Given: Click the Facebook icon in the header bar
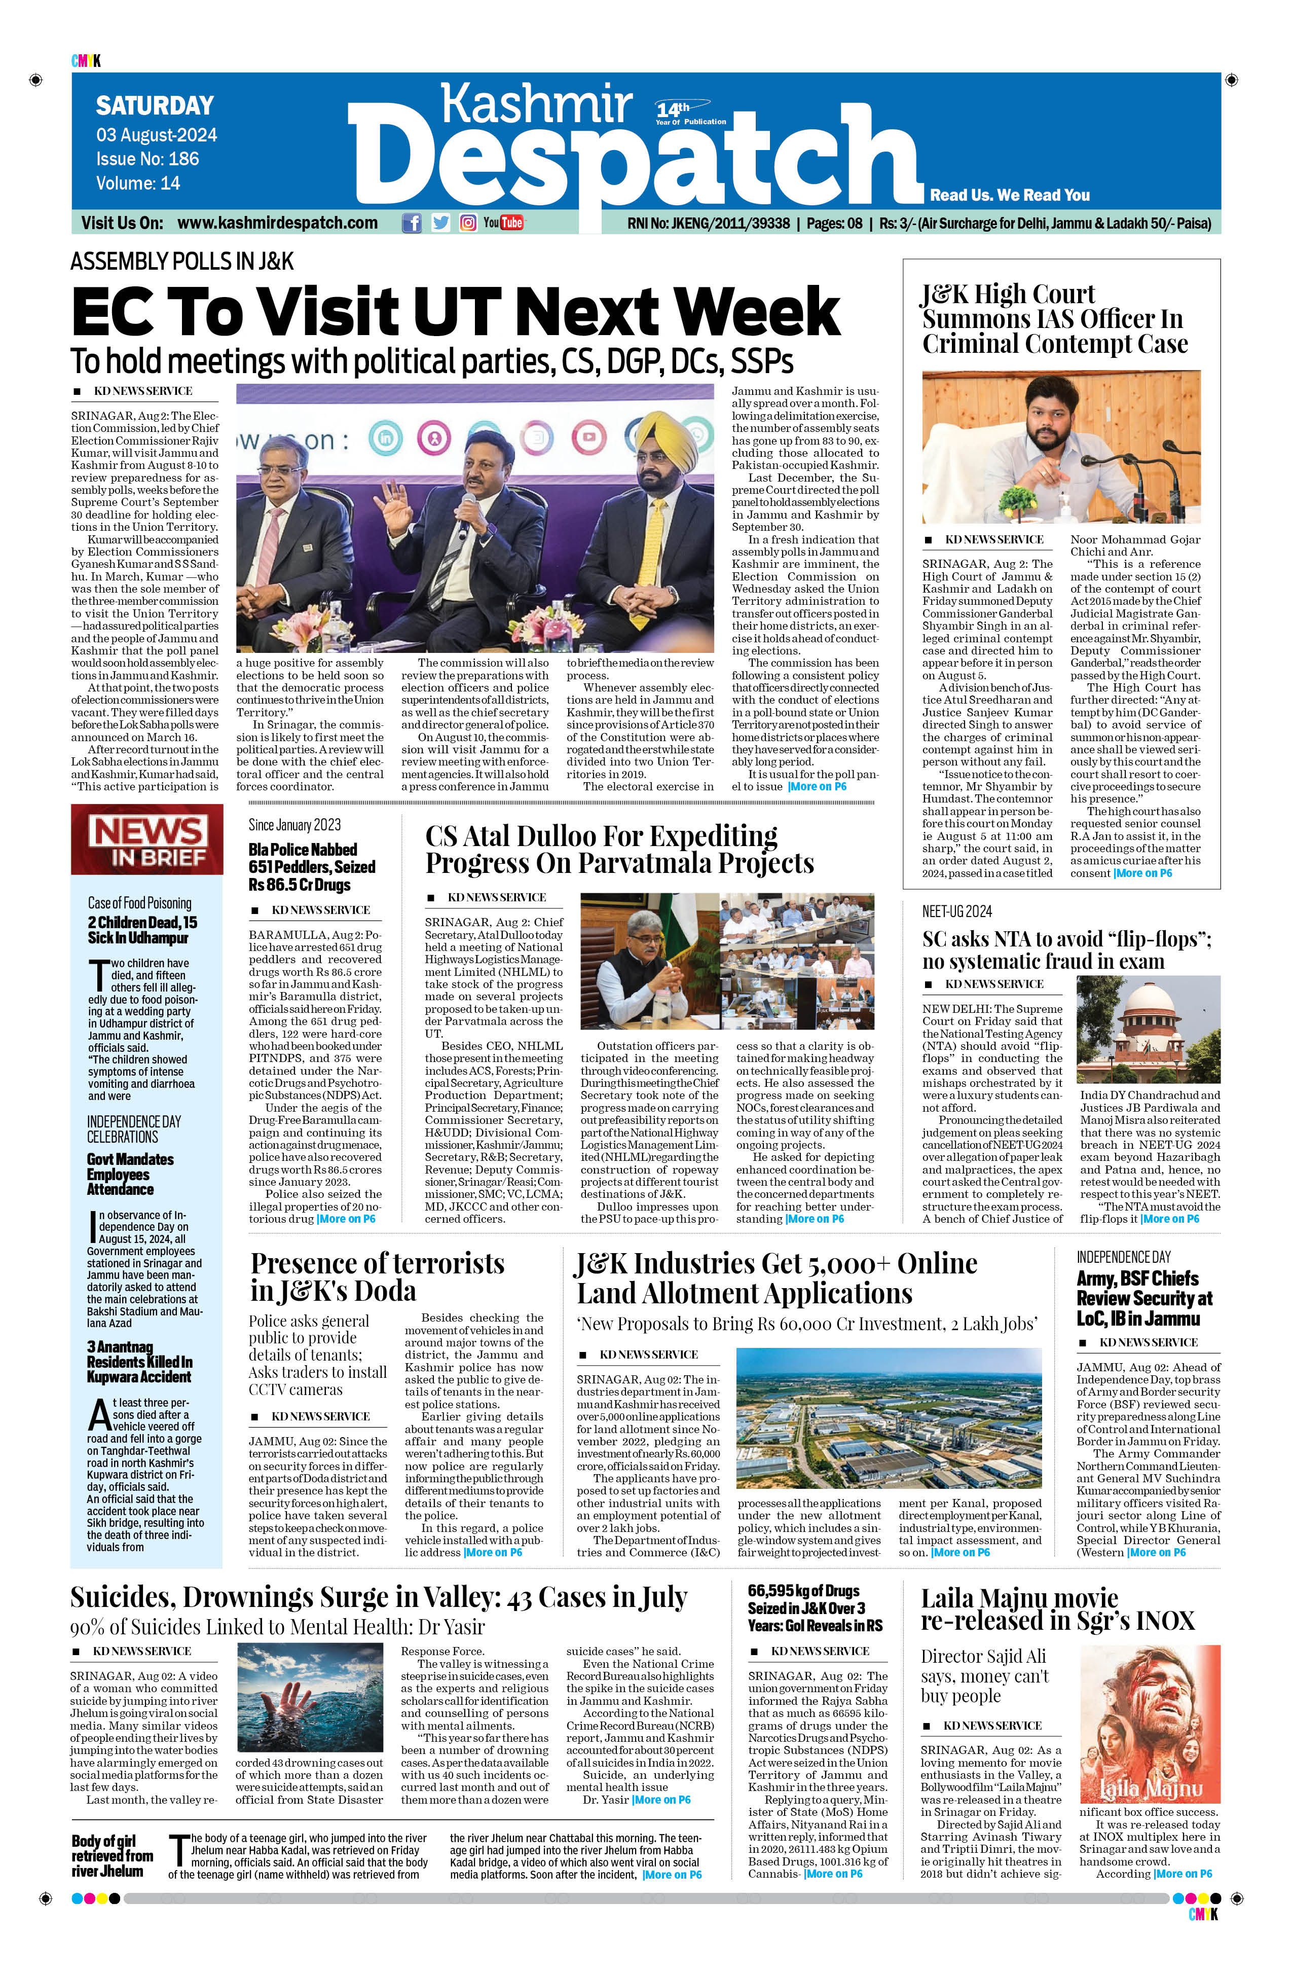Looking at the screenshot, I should coord(412,223).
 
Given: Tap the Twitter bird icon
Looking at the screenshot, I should coord(440,223).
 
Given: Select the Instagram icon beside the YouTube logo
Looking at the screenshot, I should coord(468,223).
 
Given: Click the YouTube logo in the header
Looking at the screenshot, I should coord(503,223).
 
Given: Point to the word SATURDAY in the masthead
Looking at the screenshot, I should coord(155,105).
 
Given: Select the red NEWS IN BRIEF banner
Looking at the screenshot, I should coord(147,839).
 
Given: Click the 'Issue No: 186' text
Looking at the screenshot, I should coord(147,159).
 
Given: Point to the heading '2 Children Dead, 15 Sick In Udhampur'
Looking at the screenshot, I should coord(143,930).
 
